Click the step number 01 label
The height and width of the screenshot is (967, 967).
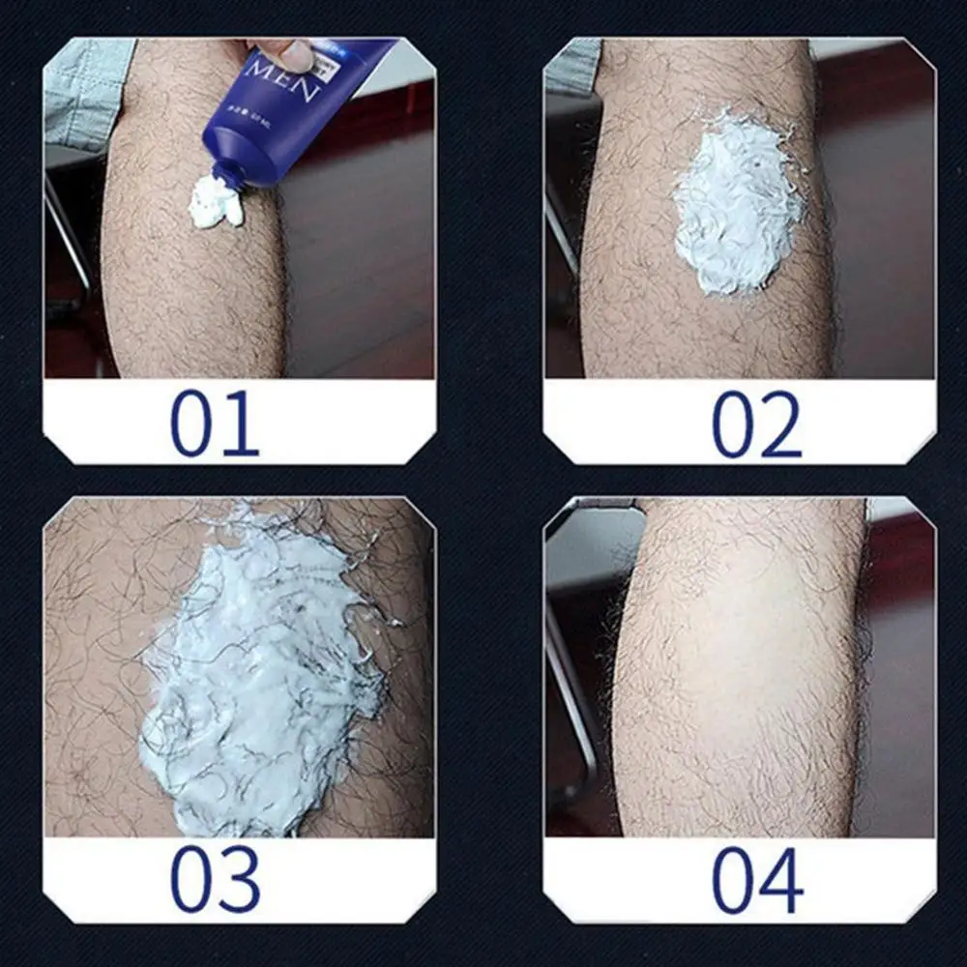pyautogui.click(x=215, y=423)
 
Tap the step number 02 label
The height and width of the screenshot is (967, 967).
pyautogui.click(x=757, y=423)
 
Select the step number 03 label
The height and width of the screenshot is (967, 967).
pyautogui.click(x=215, y=879)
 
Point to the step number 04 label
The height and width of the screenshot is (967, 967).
pyautogui.click(x=758, y=879)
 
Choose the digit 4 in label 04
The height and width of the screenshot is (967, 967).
pyautogui.click(x=782, y=879)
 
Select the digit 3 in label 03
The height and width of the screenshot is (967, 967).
pyautogui.click(x=239, y=879)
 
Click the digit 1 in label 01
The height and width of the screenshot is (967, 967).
pyautogui.click(x=239, y=423)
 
